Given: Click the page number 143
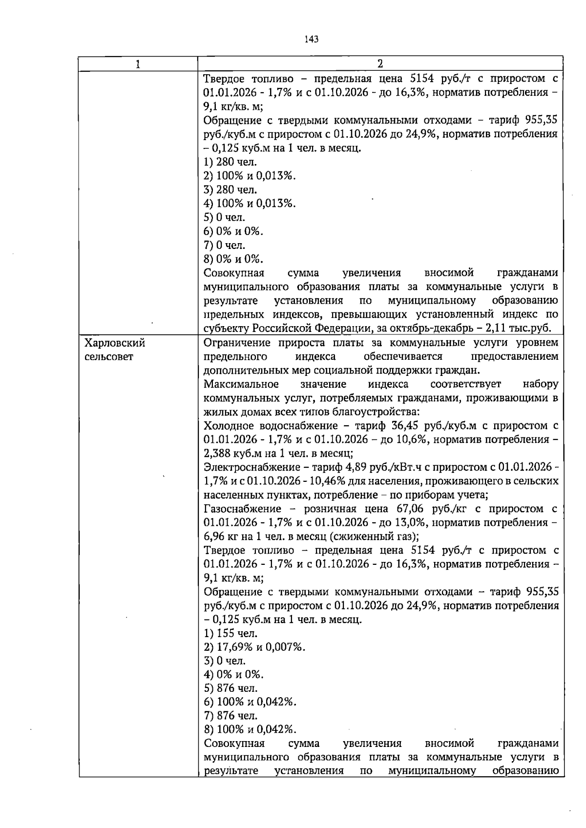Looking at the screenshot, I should tap(311, 39).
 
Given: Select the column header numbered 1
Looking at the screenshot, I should tap(138, 64).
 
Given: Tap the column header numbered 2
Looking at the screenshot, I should tap(380, 64).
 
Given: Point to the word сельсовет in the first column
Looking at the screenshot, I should tap(108, 357).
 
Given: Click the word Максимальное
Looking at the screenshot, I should tap(241, 385).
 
